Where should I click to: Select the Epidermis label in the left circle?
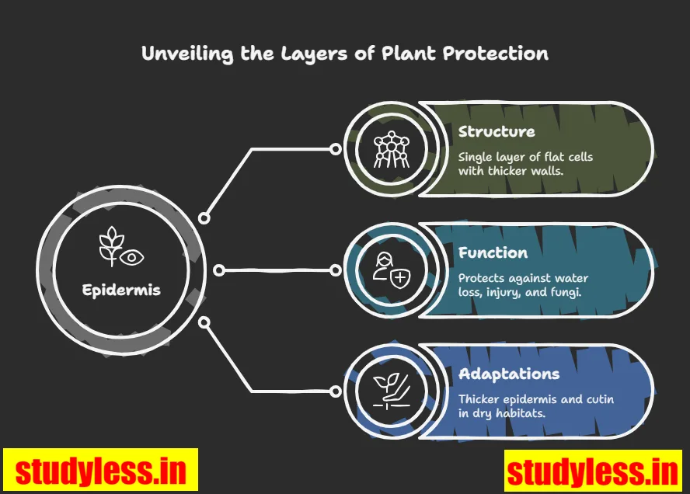coord(121,290)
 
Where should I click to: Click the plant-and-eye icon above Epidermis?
coord(121,247)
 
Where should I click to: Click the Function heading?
coord(493,252)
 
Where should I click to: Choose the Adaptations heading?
coord(508,374)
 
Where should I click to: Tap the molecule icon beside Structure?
coord(387,150)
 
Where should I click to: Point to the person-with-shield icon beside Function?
coord(387,270)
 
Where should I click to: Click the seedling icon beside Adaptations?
coord(387,391)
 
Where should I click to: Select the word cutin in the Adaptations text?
coord(597,399)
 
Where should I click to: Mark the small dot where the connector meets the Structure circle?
coord(336,149)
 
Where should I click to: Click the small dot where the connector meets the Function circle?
coord(336,270)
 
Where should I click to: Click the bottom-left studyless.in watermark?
coord(101,470)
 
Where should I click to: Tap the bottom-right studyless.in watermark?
coord(591,471)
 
